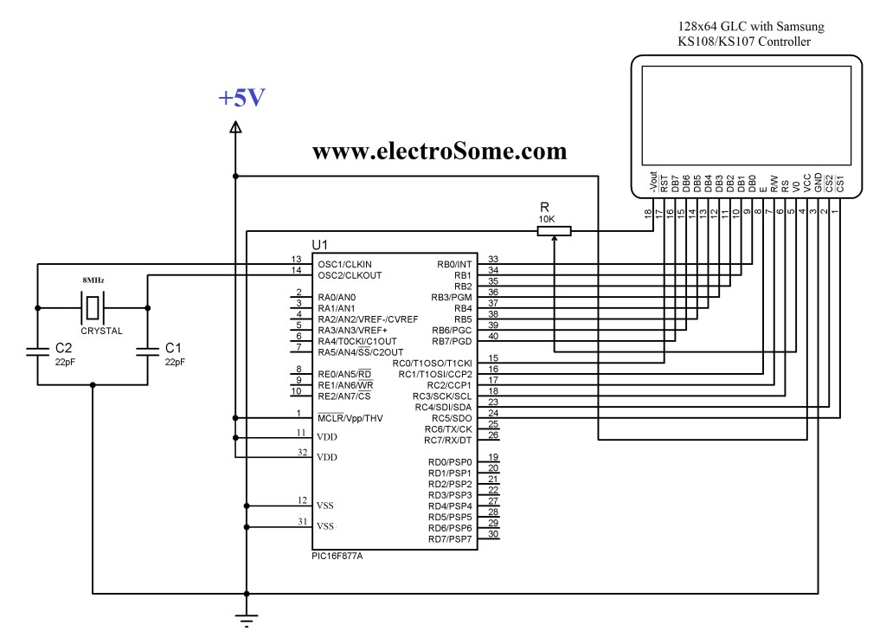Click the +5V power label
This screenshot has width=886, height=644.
[x=241, y=98]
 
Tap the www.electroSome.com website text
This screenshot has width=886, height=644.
[x=440, y=151]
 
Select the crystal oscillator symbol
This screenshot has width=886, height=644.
[x=93, y=307]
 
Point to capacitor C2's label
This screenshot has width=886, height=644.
[x=63, y=347]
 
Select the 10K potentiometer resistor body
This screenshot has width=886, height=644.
[x=554, y=230]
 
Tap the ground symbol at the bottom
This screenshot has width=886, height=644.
[x=247, y=620]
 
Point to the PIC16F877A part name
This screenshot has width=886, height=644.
[x=337, y=556]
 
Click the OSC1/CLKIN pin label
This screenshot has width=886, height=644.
[x=344, y=264]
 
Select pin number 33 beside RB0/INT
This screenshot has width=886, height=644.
[x=493, y=259]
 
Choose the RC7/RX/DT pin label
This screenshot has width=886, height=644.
[x=448, y=441]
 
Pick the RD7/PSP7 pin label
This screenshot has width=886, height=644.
[x=450, y=539]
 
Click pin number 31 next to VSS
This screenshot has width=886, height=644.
[x=300, y=521]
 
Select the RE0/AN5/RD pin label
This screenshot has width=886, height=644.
[x=344, y=374]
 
